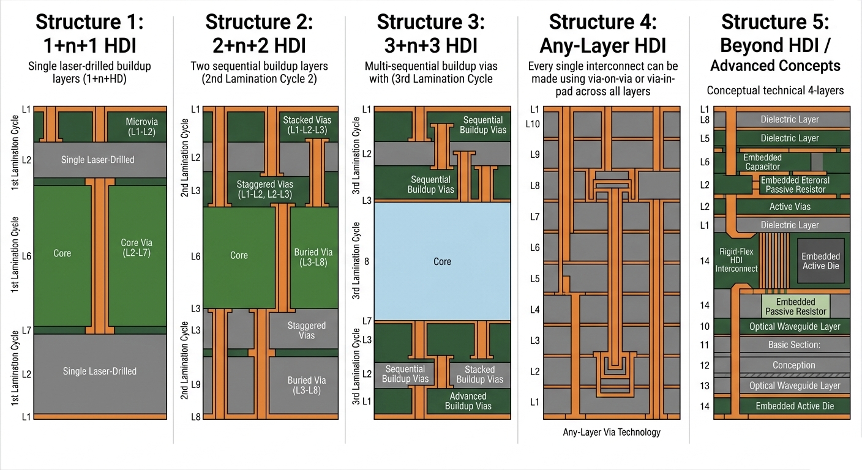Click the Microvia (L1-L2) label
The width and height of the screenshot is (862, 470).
click(x=141, y=126)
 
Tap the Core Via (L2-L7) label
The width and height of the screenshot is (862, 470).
click(x=135, y=247)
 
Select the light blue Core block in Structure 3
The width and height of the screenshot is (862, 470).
click(x=442, y=261)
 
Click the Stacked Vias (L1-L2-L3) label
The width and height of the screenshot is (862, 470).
click(x=307, y=125)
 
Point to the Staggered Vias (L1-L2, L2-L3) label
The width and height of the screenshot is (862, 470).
click(x=264, y=189)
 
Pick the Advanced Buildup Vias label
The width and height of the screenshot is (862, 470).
click(x=468, y=401)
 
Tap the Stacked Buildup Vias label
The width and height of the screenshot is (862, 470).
click(x=479, y=375)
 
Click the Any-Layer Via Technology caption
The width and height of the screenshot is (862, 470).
click(x=612, y=432)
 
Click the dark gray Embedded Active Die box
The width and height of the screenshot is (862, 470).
click(x=820, y=261)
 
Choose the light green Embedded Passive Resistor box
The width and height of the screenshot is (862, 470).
click(x=795, y=307)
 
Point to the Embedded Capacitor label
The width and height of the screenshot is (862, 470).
click(x=762, y=162)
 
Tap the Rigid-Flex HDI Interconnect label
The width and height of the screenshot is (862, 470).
click(x=736, y=259)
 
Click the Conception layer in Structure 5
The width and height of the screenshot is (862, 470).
click(x=793, y=365)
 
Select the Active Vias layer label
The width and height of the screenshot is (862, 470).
click(x=790, y=207)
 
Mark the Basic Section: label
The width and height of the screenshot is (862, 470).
click(x=793, y=345)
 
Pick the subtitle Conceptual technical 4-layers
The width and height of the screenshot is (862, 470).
click(x=775, y=91)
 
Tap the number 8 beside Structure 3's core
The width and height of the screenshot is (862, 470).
click(x=367, y=261)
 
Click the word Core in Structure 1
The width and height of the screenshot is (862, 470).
click(x=62, y=253)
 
